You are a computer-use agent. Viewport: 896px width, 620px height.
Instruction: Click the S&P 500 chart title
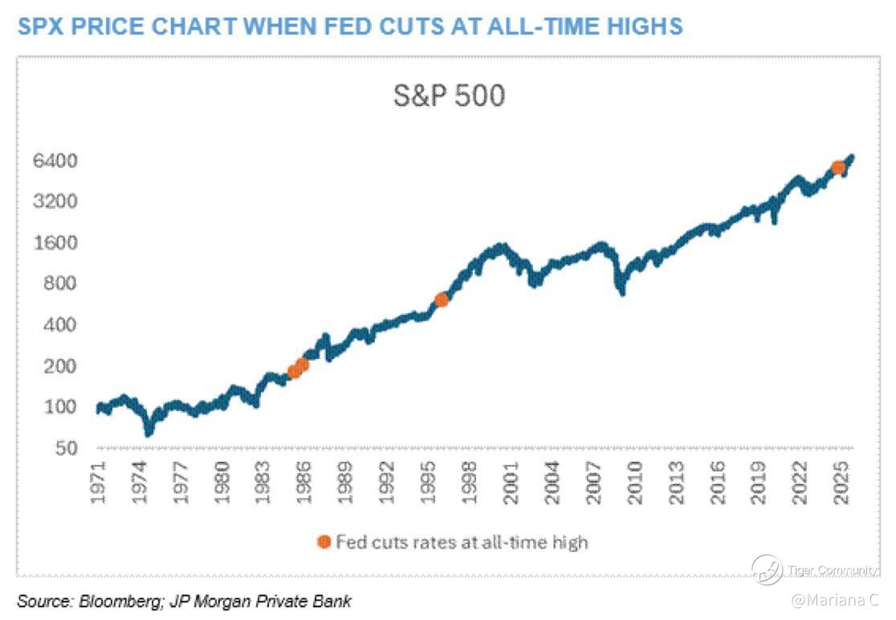449,96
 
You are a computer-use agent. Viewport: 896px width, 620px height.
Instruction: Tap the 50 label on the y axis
66,447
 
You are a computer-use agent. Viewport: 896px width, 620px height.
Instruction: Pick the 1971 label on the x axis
99,483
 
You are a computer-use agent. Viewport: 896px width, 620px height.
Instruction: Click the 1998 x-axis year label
470,483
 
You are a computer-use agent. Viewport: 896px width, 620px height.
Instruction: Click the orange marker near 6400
838,167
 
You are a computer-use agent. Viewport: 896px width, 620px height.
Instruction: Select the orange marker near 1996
441,300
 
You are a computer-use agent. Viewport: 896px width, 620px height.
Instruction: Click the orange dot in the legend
324,542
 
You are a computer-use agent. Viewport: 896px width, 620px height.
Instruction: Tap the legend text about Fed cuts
462,542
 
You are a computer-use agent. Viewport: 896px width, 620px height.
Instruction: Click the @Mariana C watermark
834,600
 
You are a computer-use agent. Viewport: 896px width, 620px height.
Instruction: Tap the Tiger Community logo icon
767,569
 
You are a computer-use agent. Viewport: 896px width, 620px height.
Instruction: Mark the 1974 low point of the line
149,432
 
